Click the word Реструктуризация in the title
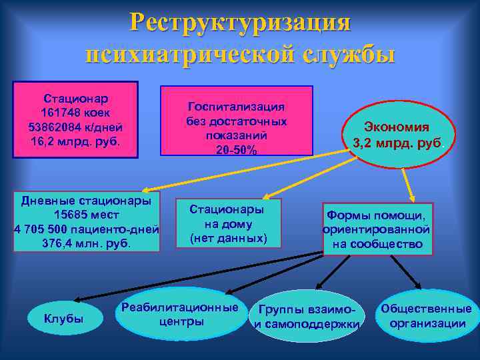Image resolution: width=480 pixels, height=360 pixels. [240, 22]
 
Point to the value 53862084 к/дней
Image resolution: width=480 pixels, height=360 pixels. [75, 127]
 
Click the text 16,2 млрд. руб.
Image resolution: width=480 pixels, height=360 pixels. [75, 141]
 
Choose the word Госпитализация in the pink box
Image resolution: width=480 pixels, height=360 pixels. [236, 107]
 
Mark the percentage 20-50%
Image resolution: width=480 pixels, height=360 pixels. [236, 149]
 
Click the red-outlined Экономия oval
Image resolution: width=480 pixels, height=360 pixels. [397, 134]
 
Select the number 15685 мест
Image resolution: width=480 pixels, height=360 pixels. [86, 215]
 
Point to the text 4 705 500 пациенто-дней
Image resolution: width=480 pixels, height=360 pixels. [86, 229]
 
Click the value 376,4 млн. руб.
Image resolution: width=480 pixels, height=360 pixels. [86, 243]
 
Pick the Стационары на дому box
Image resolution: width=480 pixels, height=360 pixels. [228, 223]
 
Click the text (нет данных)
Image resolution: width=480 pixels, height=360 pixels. [228, 238]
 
